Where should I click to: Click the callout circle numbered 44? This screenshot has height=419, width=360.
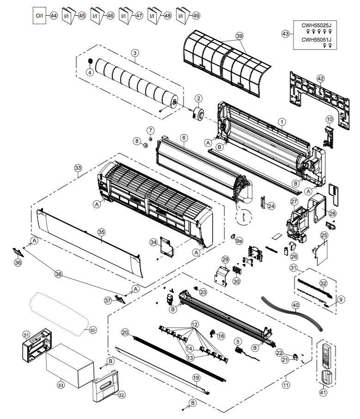54,15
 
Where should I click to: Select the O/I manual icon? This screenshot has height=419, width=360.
39,16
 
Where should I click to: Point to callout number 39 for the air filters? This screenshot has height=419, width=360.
239,36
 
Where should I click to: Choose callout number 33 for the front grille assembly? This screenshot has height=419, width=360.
78,167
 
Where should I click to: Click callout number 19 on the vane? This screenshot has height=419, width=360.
196,378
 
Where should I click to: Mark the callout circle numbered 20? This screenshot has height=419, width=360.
125,332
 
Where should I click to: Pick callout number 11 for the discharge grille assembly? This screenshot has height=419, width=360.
286,384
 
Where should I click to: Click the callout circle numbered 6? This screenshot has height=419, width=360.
183,138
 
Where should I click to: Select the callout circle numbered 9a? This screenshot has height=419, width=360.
239,241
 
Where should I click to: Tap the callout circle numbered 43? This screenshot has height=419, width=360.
285,33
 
